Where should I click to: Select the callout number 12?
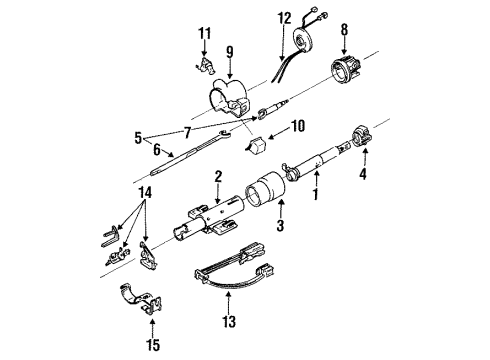pos(284,17)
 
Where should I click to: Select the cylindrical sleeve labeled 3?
pos(268,192)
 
